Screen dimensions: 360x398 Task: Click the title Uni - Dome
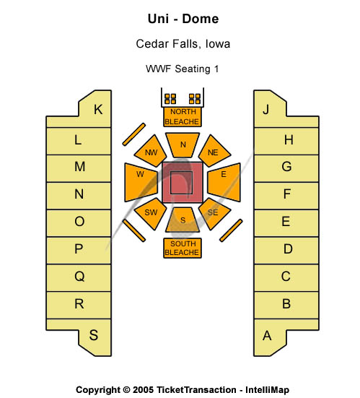(183, 19)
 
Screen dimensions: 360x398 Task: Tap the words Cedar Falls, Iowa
(183, 44)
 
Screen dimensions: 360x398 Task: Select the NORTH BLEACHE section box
(183, 117)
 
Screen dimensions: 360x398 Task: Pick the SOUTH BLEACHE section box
(183, 248)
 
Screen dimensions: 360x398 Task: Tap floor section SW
(151, 213)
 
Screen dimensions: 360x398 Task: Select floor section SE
(214, 213)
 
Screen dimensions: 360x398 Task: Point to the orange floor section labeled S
(183, 220)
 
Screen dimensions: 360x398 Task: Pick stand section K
(97, 109)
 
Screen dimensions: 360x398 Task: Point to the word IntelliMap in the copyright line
(267, 390)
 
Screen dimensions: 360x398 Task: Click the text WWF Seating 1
(183, 69)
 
